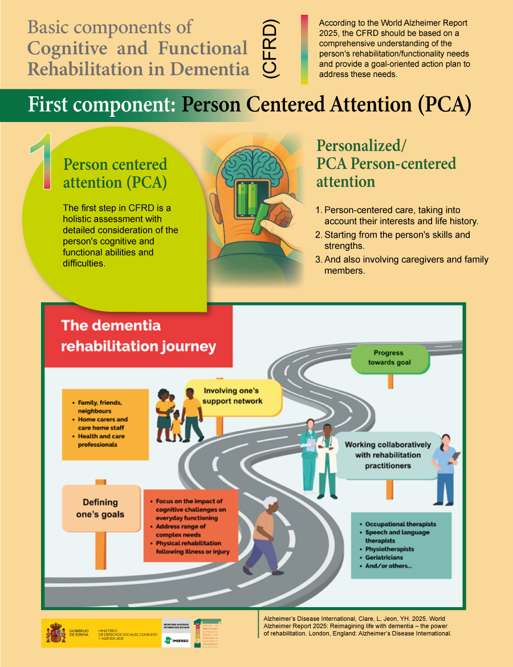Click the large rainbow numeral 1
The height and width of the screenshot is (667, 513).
pos(41,162)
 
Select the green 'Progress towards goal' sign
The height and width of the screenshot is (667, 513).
pos(389,358)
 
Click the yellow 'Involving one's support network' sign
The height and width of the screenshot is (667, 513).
pos(233,396)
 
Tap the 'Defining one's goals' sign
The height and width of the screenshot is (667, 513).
pos(100,508)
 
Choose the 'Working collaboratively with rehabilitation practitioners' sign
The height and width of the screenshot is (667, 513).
pos(387,455)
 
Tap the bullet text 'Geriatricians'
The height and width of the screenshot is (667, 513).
pos(384,558)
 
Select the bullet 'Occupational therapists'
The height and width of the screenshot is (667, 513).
pos(401,524)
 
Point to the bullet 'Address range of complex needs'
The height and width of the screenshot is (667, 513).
pos(181,531)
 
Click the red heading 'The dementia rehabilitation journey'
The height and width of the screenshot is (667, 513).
pos(139,336)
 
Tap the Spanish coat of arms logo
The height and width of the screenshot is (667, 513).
pos(56,633)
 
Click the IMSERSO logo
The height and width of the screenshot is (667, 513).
pos(177,640)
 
